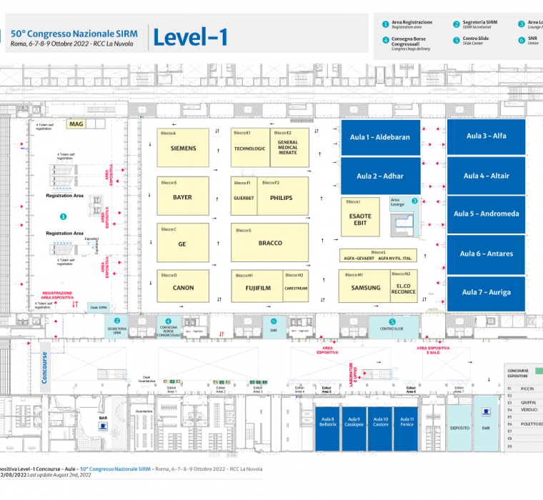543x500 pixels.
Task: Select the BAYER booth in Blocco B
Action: pyautogui.click(x=183, y=196)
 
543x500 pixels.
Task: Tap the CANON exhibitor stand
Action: pyautogui.click(x=183, y=288)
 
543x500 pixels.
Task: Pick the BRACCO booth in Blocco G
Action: pyautogui.click(x=269, y=243)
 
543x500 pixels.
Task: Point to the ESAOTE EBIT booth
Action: pyautogui.click(x=360, y=219)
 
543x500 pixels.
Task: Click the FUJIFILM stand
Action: pyautogui.click(x=256, y=289)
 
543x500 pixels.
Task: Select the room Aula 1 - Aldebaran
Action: pyautogui.click(x=379, y=137)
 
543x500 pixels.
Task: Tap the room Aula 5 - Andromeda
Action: pyautogui.click(x=486, y=214)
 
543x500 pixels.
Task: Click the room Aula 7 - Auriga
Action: pyautogui.click(x=486, y=292)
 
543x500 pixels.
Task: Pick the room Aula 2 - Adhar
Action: pyautogui.click(x=379, y=176)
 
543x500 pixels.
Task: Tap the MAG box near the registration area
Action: pyautogui.click(x=76, y=124)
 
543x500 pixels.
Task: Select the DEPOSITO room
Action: pyautogui.click(x=459, y=428)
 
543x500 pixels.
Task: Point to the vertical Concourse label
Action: pyautogui.click(x=44, y=367)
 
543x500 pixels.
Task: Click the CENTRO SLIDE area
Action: pyautogui.click(x=392, y=328)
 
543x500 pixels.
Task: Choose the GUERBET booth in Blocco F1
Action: pyautogui.click(x=244, y=198)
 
